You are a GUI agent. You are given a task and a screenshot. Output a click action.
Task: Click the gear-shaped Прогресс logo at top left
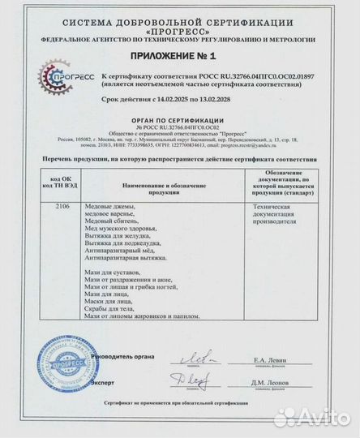coord(54,81)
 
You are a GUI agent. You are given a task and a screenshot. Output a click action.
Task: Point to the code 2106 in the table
coord(52,208)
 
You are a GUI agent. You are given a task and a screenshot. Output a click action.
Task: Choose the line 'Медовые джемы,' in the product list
coord(112,208)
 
